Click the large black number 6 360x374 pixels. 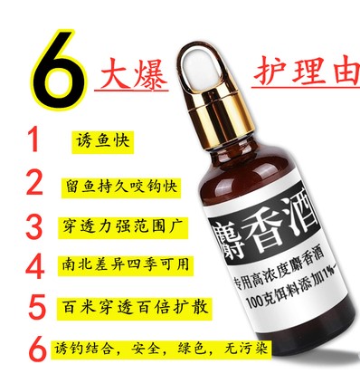57,69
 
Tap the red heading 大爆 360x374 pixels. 132,74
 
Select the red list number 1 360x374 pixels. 33,139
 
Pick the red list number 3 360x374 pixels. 33,227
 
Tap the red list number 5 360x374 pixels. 37,307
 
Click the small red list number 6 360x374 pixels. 38,350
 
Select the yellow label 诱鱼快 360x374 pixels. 102,142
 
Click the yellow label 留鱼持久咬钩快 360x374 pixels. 121,187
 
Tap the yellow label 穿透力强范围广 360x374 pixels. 123,227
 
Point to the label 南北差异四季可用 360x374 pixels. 125,265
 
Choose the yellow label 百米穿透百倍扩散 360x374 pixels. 135,308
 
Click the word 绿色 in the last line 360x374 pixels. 191,350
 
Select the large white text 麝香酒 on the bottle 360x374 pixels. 265,229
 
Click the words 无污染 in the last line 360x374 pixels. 246,350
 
